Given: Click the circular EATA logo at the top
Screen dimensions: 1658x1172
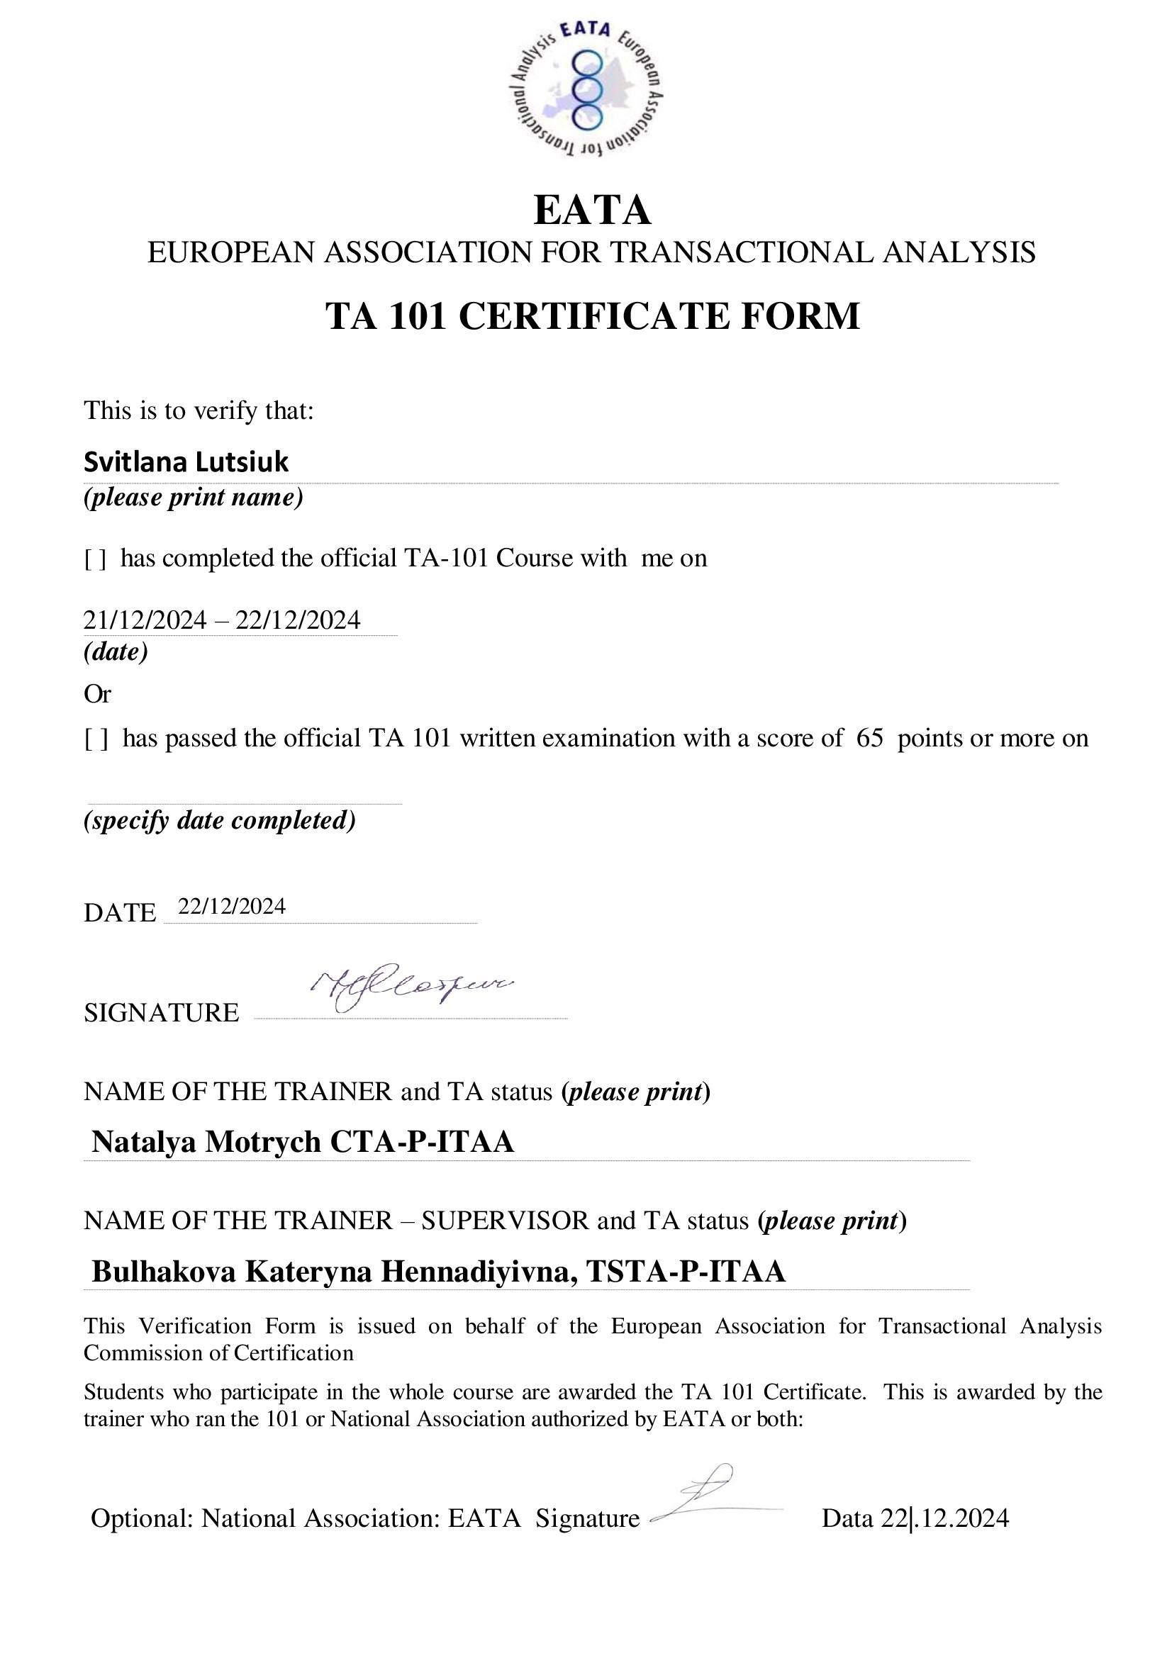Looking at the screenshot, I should (585, 89).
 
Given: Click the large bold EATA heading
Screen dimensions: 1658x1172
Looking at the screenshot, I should (591, 210).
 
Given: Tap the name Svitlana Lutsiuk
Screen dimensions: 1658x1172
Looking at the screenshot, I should (186, 462).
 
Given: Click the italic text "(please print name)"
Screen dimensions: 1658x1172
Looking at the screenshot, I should (193, 498).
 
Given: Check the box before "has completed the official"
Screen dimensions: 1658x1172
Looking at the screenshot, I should (95, 559).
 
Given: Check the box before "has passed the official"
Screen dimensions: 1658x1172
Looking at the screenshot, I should (96, 739).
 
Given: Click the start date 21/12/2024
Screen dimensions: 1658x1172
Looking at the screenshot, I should (145, 620).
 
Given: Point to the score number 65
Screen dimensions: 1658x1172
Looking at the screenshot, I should (869, 738).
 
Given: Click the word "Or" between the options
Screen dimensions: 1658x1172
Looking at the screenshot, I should (96, 694).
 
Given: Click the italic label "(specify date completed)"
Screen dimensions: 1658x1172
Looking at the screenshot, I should (220, 820).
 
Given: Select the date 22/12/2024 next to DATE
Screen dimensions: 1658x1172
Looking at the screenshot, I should (232, 907).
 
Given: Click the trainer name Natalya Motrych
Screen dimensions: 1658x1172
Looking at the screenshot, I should (206, 1142).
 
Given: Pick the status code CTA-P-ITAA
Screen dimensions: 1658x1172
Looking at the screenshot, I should (423, 1142).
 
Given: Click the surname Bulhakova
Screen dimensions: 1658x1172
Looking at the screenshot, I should (164, 1271).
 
